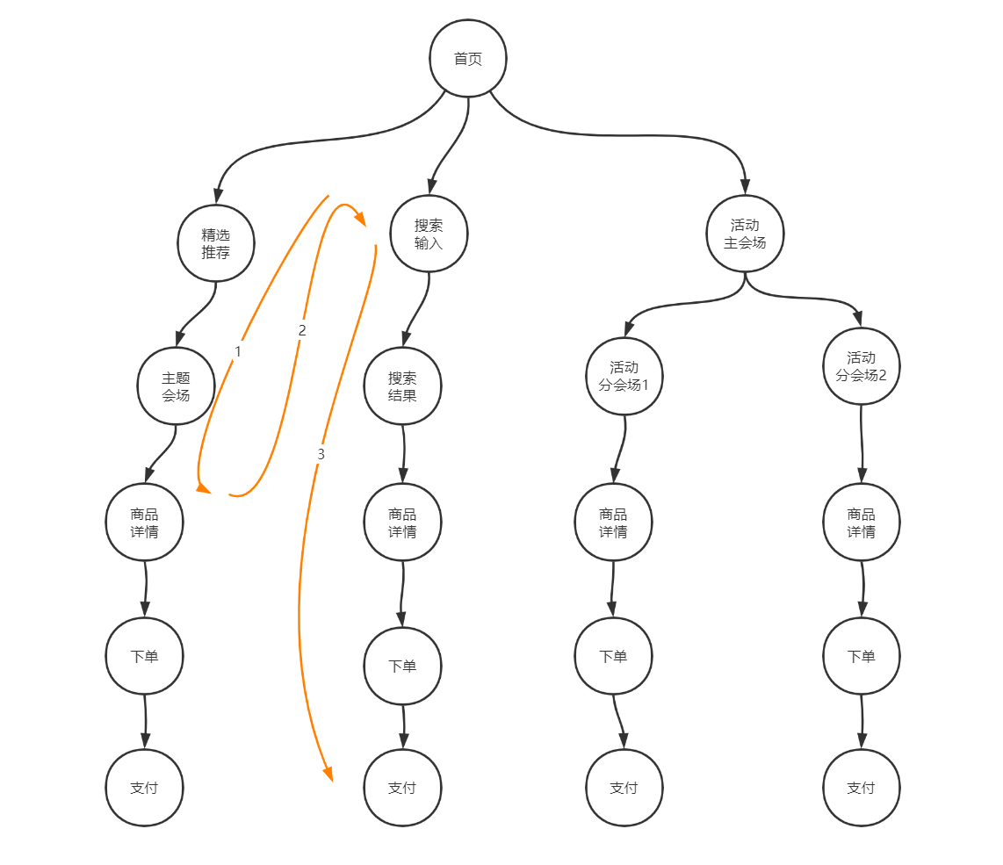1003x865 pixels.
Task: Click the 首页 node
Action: coord(468,59)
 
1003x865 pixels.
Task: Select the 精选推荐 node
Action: coord(216,243)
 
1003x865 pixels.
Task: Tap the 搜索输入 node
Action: coord(429,234)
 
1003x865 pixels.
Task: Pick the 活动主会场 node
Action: coord(745,234)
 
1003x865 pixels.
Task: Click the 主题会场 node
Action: coord(176,386)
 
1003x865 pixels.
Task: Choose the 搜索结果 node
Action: coord(402,386)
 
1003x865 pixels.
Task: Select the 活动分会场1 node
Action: coord(624,376)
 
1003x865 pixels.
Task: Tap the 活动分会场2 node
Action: coord(861,366)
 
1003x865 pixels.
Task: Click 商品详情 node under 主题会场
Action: coord(145,523)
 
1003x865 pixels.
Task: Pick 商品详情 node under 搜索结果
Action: coord(402,523)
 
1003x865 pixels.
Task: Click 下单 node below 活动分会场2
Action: coord(861,656)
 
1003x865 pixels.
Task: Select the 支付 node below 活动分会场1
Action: coord(624,788)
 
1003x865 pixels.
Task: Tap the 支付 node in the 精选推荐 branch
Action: coord(145,788)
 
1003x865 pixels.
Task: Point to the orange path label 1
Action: coord(237,350)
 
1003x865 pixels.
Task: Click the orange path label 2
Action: coord(302,330)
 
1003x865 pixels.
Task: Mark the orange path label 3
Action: coord(321,454)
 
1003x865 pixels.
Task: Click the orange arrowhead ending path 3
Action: coord(328,774)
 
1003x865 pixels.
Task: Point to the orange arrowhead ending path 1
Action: coord(203,488)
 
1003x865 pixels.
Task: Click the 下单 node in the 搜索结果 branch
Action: coord(402,666)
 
